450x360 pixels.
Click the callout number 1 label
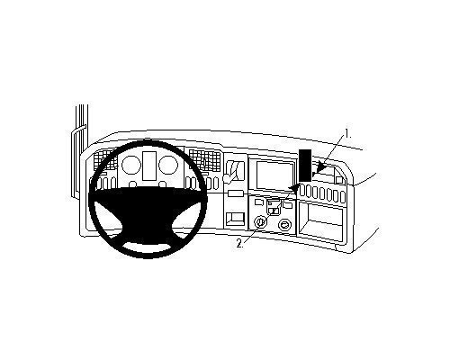tap(348, 133)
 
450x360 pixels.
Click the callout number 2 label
tap(240, 243)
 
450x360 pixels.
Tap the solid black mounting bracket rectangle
tap(305, 166)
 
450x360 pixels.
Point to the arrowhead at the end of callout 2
tap(294, 188)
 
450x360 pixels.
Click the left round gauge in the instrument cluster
tap(131, 165)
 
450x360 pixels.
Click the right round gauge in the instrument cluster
tap(169, 165)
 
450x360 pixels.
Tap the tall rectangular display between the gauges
tap(149, 166)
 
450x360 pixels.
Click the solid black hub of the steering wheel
tap(148, 210)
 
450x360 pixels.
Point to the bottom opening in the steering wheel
tap(148, 247)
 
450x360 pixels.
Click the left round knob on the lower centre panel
tap(260, 223)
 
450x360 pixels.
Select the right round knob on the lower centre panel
tap(284, 225)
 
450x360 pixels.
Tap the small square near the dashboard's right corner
tap(339, 180)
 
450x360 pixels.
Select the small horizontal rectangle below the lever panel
tap(236, 193)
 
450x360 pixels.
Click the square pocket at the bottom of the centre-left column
tap(236, 219)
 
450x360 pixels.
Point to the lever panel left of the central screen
tap(235, 172)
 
